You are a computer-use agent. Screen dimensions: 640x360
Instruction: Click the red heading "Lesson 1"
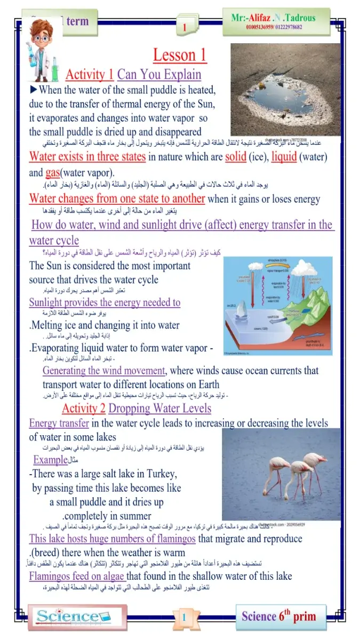(x=180, y=55)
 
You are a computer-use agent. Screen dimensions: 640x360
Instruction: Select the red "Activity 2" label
(x=83, y=409)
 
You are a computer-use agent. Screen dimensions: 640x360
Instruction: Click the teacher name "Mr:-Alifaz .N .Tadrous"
(x=273, y=18)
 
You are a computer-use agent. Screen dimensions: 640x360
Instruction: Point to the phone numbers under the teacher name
(x=274, y=27)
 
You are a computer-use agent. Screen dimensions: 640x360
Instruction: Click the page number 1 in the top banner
(x=185, y=28)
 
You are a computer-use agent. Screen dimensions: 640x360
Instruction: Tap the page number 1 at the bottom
(x=183, y=618)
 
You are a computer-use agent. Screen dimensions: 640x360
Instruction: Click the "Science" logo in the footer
(x=75, y=617)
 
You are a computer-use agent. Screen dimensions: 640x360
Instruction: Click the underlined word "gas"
(x=52, y=173)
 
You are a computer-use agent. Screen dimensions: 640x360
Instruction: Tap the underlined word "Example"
(x=51, y=460)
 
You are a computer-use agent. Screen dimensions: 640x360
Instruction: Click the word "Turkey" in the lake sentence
(x=161, y=474)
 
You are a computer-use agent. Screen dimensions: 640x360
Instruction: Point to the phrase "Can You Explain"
(x=159, y=74)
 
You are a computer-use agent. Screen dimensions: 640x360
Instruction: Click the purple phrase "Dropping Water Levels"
(x=159, y=409)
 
